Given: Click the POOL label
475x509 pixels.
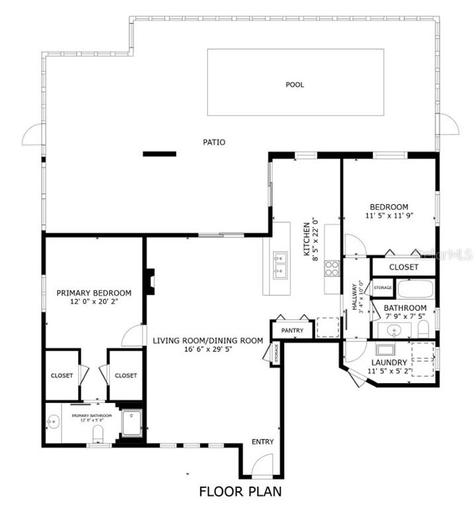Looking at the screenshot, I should (x=295, y=84).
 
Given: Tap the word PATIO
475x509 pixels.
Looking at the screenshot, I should (x=214, y=142).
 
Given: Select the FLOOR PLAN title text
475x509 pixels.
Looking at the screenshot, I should (x=240, y=491).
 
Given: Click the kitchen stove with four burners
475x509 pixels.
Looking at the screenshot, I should (x=332, y=268).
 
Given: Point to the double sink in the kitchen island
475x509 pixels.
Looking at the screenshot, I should (x=280, y=264).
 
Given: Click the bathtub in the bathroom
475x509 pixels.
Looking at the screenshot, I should (x=415, y=289).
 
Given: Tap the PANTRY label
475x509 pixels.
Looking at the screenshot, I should (x=291, y=329).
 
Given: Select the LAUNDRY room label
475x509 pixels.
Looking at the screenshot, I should (x=389, y=363).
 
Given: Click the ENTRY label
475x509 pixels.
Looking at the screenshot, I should (x=262, y=442).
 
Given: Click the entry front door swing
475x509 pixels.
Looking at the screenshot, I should (x=262, y=465).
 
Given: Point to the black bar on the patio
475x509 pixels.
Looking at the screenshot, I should (x=160, y=154).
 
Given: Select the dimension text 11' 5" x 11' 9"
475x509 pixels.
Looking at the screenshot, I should (x=389, y=216).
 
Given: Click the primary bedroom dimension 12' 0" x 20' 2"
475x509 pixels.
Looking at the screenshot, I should (x=93, y=302).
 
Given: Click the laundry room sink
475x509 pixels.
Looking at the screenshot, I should (x=385, y=350).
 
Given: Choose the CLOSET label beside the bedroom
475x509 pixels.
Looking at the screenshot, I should (x=403, y=267).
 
